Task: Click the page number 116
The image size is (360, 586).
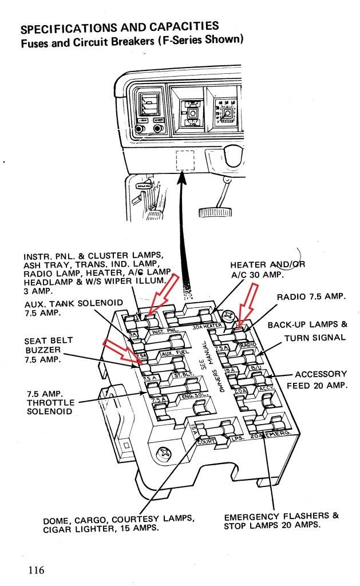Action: (x=35, y=570)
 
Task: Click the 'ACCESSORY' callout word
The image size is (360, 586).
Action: (x=321, y=374)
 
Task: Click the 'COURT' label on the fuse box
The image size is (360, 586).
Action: (x=207, y=442)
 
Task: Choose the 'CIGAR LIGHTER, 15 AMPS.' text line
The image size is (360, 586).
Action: (x=100, y=529)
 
